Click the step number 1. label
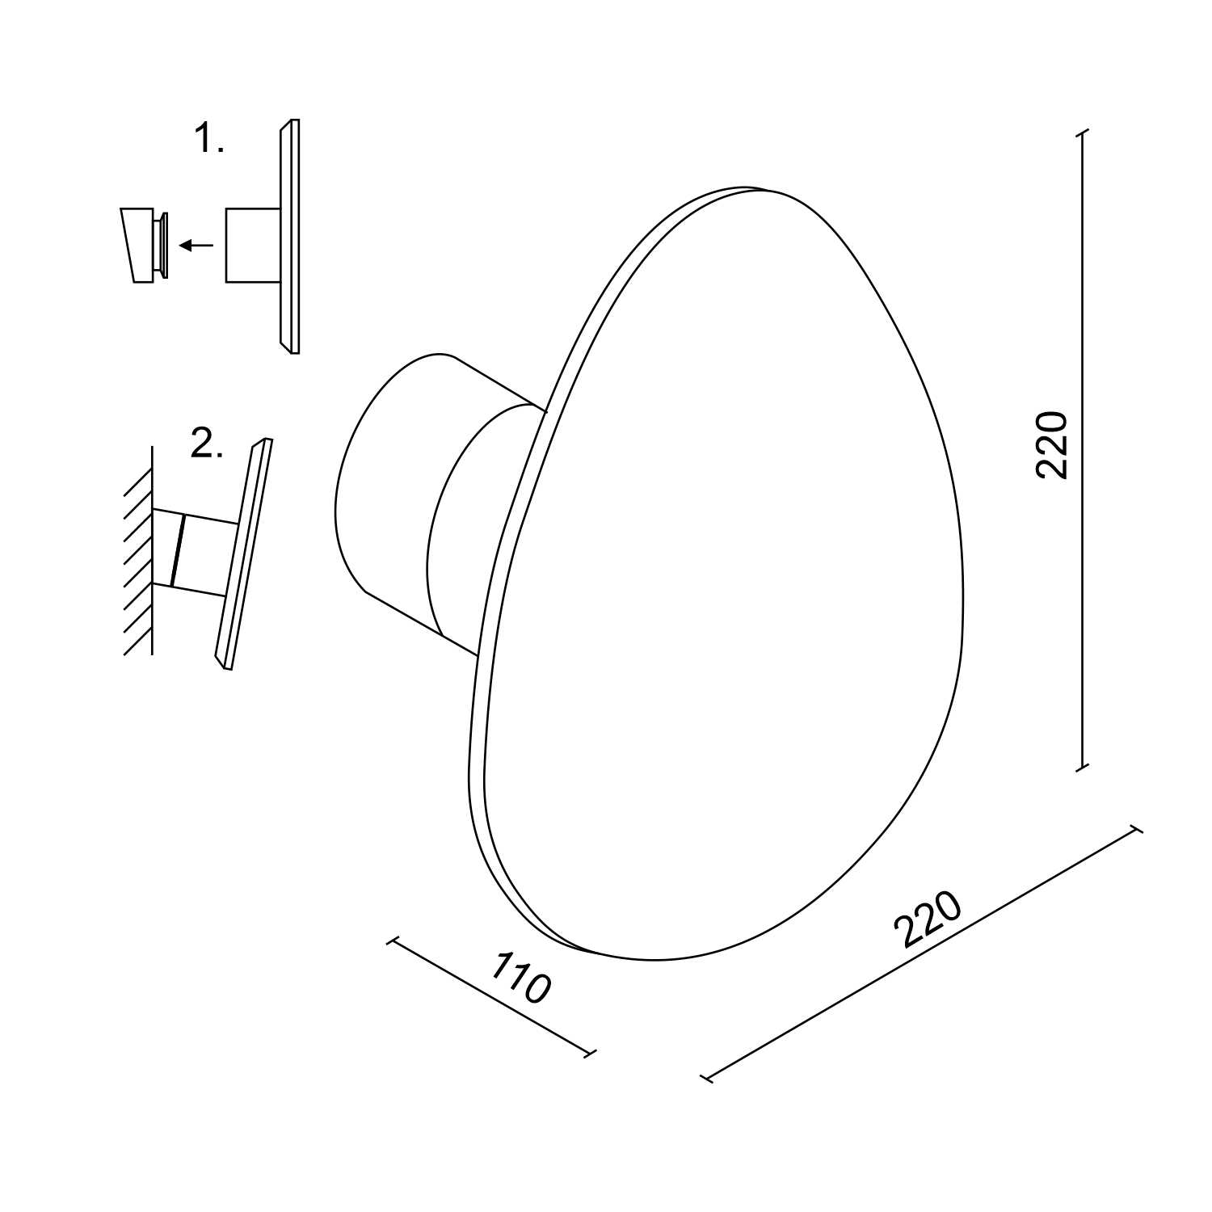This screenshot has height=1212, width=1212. point(208,140)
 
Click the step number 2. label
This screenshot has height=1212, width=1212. point(207,444)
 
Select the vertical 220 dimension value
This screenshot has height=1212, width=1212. point(1052,444)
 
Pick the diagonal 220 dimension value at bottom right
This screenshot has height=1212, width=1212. point(929,920)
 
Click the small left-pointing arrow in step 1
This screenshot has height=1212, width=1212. point(196,245)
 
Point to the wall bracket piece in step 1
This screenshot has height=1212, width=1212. point(145,245)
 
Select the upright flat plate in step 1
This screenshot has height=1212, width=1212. point(290,236)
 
